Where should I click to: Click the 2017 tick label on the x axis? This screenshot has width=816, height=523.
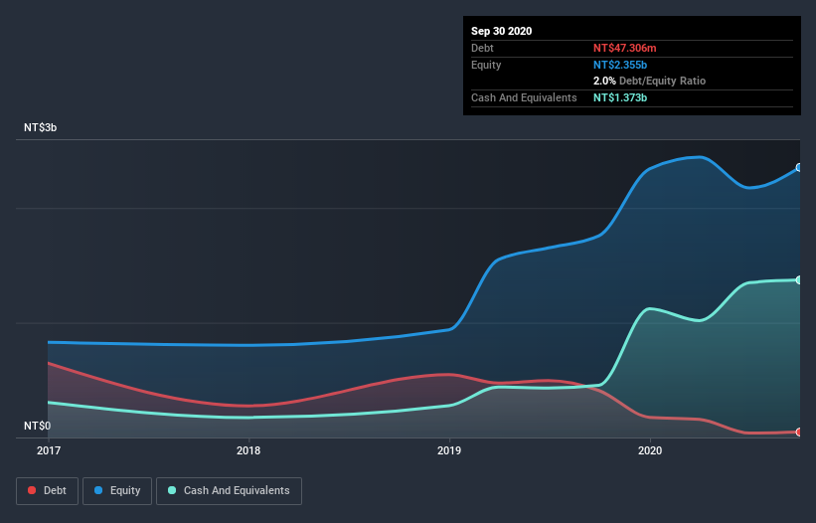(48, 450)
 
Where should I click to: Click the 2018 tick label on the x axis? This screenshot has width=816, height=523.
(248, 450)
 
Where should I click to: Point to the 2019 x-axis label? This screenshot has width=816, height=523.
(449, 450)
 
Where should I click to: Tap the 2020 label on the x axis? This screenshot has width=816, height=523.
(650, 450)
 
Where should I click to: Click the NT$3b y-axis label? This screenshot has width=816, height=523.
(42, 128)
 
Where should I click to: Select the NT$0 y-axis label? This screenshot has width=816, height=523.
(37, 427)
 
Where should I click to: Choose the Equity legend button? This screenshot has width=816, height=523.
(117, 490)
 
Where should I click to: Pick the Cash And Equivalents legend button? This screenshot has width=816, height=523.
(229, 490)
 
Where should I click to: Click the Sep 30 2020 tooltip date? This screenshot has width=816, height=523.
(501, 31)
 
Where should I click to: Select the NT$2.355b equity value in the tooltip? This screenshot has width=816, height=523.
(621, 65)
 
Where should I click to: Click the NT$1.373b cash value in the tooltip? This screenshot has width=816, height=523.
(621, 97)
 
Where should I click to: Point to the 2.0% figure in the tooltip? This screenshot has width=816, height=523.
(604, 81)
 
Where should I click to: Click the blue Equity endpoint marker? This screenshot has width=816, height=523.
(799, 167)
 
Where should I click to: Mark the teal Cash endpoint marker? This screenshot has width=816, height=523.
(799, 279)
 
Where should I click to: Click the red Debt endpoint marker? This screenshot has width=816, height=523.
(799, 432)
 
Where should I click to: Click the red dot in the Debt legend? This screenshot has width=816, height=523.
(32, 490)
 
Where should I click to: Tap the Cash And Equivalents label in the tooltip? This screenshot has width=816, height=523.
(524, 97)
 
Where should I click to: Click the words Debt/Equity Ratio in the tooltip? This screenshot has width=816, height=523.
(662, 81)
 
